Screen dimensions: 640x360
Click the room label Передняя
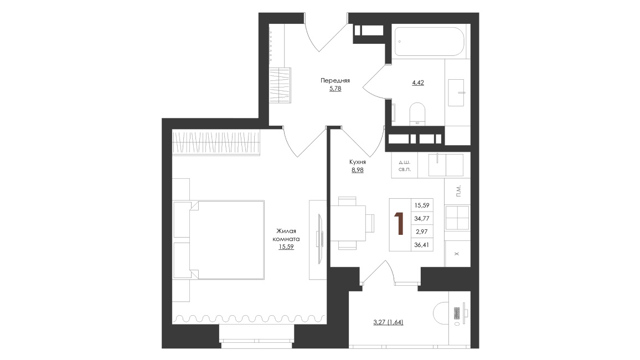point(335,80)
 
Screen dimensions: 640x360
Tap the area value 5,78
point(335,88)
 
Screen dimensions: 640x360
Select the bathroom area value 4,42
point(418,83)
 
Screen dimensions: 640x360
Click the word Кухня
point(358,162)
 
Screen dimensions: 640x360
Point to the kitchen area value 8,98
point(358,170)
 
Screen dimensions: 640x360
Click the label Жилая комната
point(286,235)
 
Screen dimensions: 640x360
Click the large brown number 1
point(399,224)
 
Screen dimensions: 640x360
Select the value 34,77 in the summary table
point(422,218)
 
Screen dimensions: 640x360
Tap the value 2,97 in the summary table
point(422,232)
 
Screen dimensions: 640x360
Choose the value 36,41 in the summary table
point(422,244)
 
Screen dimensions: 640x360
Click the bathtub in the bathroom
point(429,42)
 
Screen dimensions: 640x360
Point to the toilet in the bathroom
point(417,113)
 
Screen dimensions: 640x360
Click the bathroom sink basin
point(456,92)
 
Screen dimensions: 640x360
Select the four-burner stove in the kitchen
point(457,218)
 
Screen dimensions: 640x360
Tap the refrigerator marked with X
point(457,254)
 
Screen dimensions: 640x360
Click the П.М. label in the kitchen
point(458,191)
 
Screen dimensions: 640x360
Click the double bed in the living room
point(227,240)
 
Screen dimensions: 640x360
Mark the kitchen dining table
point(348,223)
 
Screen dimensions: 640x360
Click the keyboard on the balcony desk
point(457,313)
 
